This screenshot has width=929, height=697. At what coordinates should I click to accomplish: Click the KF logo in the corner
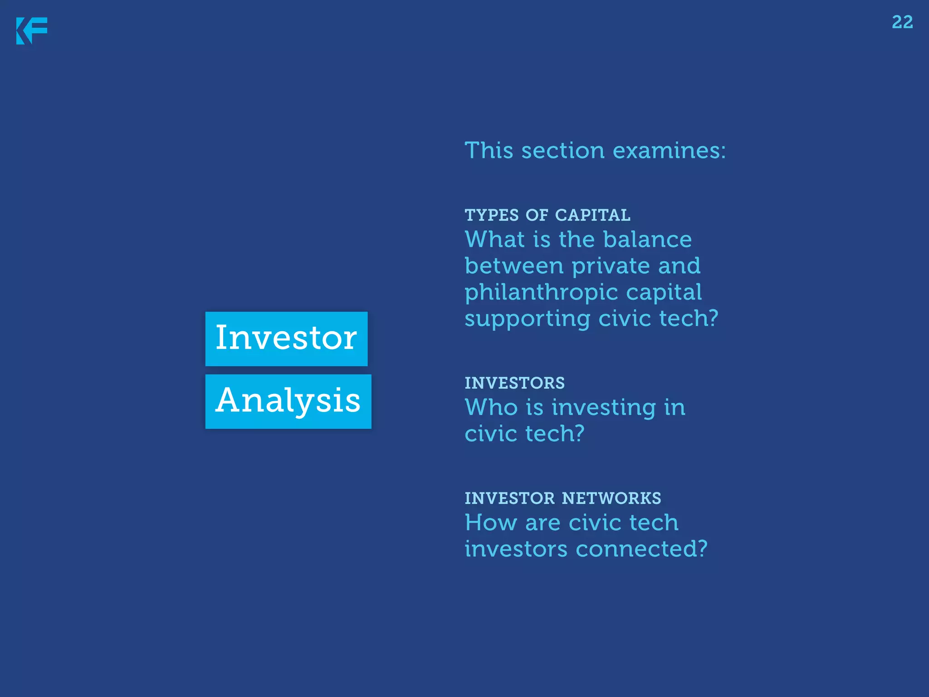click(31, 31)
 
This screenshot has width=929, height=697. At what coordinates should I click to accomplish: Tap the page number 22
click(902, 22)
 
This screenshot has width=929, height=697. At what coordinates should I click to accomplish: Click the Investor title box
click(286, 339)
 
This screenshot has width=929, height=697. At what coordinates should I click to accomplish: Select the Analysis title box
click(288, 401)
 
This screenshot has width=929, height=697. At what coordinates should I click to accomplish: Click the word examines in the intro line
click(669, 151)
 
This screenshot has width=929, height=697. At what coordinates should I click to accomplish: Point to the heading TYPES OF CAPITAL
click(547, 215)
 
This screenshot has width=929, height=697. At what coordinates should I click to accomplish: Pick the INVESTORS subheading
click(514, 383)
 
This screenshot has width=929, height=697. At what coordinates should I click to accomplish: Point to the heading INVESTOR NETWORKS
click(562, 498)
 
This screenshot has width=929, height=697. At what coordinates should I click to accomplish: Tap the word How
click(491, 523)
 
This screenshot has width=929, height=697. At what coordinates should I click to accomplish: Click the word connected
click(641, 549)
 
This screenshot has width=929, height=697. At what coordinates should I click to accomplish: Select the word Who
click(491, 407)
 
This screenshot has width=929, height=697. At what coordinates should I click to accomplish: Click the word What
click(494, 240)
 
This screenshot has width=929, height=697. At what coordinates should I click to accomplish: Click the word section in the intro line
click(562, 151)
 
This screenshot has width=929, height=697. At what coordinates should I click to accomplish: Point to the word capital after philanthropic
click(664, 292)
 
